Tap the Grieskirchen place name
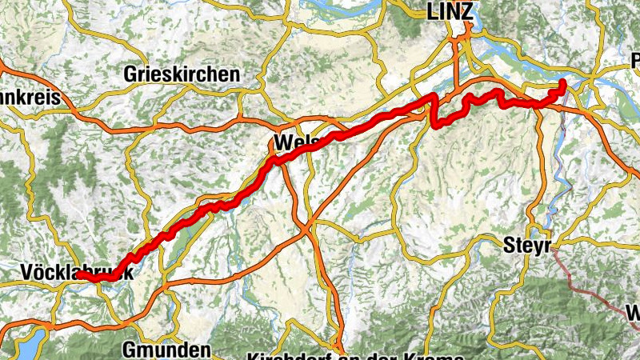(x=182, y=74)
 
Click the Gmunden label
(x=167, y=350)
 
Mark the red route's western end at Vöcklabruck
(x=80, y=275)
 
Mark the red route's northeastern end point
(x=562, y=82)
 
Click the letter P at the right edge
(x=635, y=61)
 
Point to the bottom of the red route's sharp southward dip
(x=436, y=125)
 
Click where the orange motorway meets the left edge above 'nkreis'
(x=2, y=63)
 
